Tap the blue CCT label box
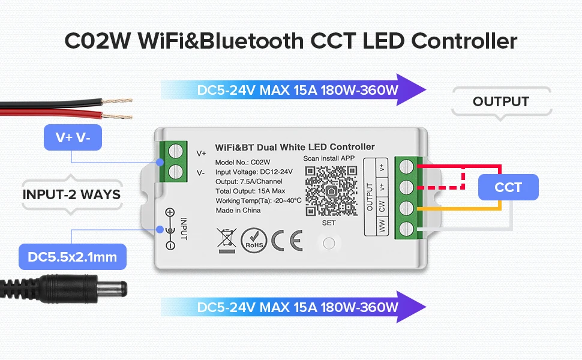(508, 187)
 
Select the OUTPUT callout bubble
(500, 102)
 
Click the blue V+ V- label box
(73, 137)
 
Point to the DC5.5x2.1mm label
(73, 257)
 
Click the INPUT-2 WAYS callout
(71, 194)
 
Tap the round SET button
(328, 244)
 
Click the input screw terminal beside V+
(175, 152)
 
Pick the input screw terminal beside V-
(175, 172)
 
